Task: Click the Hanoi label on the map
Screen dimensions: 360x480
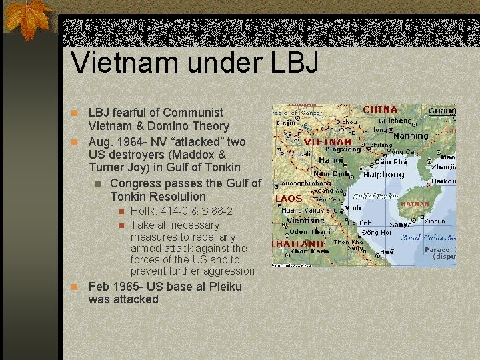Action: (x=331, y=160)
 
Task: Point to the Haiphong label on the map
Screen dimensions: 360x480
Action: (x=383, y=174)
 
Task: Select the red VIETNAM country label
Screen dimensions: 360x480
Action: (x=327, y=142)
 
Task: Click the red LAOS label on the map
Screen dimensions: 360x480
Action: (x=288, y=199)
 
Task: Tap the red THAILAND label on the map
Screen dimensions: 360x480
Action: (x=297, y=244)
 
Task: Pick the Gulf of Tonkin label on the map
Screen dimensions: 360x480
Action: (x=375, y=197)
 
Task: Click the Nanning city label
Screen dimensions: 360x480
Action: (x=411, y=136)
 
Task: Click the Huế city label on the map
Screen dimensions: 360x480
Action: (x=387, y=253)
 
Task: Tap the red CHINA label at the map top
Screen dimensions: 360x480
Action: (x=380, y=109)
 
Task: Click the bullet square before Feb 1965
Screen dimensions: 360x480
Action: (x=76, y=287)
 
